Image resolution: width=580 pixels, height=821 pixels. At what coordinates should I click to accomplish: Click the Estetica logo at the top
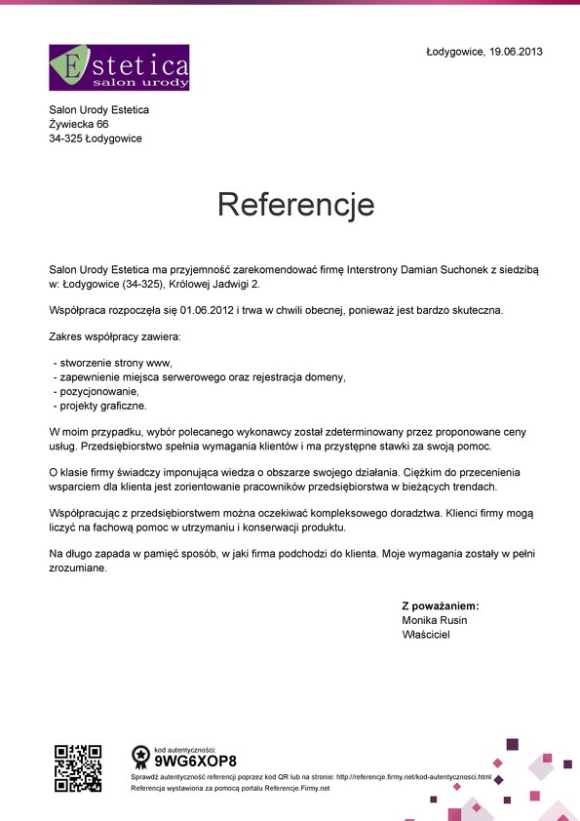coord(119,67)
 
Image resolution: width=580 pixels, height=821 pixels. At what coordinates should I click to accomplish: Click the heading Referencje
coord(295,205)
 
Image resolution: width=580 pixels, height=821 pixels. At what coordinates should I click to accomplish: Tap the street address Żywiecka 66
coord(79,125)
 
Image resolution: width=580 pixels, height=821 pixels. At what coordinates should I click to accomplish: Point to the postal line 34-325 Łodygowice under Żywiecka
coord(96,138)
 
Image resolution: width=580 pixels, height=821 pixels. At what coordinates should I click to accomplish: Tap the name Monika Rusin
coord(434,620)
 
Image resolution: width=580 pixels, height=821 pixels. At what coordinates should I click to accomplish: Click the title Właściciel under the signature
coord(426,635)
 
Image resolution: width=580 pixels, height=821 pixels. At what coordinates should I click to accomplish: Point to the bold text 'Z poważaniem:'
coord(440,606)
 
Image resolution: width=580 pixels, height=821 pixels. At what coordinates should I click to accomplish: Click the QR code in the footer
coord(78,767)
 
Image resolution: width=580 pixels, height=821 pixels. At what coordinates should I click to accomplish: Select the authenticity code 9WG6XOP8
coord(195,761)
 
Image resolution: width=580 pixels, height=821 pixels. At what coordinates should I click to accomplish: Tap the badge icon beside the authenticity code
coord(140,757)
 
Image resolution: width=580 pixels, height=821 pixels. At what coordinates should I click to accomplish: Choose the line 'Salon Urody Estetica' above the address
coord(98,110)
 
